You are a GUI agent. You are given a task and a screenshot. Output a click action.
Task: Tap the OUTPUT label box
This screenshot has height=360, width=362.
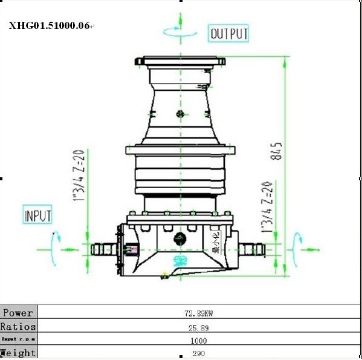pos(228,34)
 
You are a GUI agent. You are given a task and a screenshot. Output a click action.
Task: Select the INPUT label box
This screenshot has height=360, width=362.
pos(37,215)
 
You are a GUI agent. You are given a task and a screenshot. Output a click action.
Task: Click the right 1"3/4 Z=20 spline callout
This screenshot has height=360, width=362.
pos(267,206)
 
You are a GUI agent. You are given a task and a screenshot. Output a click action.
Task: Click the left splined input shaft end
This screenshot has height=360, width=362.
pos(103,249)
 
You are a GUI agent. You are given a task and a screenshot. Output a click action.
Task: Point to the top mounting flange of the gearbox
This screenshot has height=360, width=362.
pos(179,61)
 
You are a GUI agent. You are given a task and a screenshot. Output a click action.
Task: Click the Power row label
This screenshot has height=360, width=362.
pos(18,313)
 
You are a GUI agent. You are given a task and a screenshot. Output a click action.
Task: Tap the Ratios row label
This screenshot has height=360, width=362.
pos(18,327)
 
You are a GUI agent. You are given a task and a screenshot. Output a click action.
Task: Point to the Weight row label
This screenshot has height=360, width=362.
pos(18,353)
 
